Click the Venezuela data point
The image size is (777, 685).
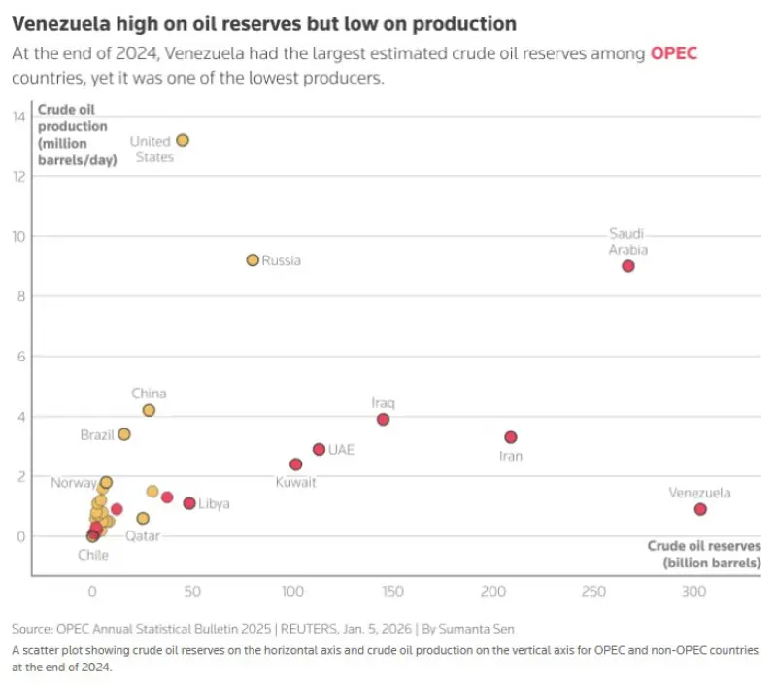pyautogui.click(x=700, y=509)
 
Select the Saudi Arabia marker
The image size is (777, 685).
pyautogui.click(x=628, y=266)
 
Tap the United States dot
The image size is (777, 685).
pyautogui.click(x=183, y=140)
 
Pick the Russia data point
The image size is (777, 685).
pyautogui.click(x=253, y=260)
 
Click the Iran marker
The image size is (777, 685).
pyautogui.click(x=511, y=437)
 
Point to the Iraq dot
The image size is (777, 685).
pyautogui.click(x=384, y=420)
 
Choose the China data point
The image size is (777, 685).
pyautogui.click(x=149, y=410)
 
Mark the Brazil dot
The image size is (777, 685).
pyautogui.click(x=124, y=434)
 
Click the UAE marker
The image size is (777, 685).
pyautogui.click(x=319, y=449)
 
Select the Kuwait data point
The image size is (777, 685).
pyautogui.click(x=296, y=464)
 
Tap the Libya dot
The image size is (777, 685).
pyautogui.click(x=189, y=503)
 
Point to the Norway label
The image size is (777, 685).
pyautogui.click(x=74, y=483)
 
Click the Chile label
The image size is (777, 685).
pyautogui.click(x=93, y=555)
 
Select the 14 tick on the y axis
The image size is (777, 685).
pyautogui.click(x=18, y=117)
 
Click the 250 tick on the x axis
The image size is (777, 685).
pyautogui.click(x=593, y=591)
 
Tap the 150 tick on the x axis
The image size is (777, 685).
pyautogui.click(x=392, y=591)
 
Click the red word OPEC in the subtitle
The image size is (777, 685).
pyautogui.click(x=673, y=53)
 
